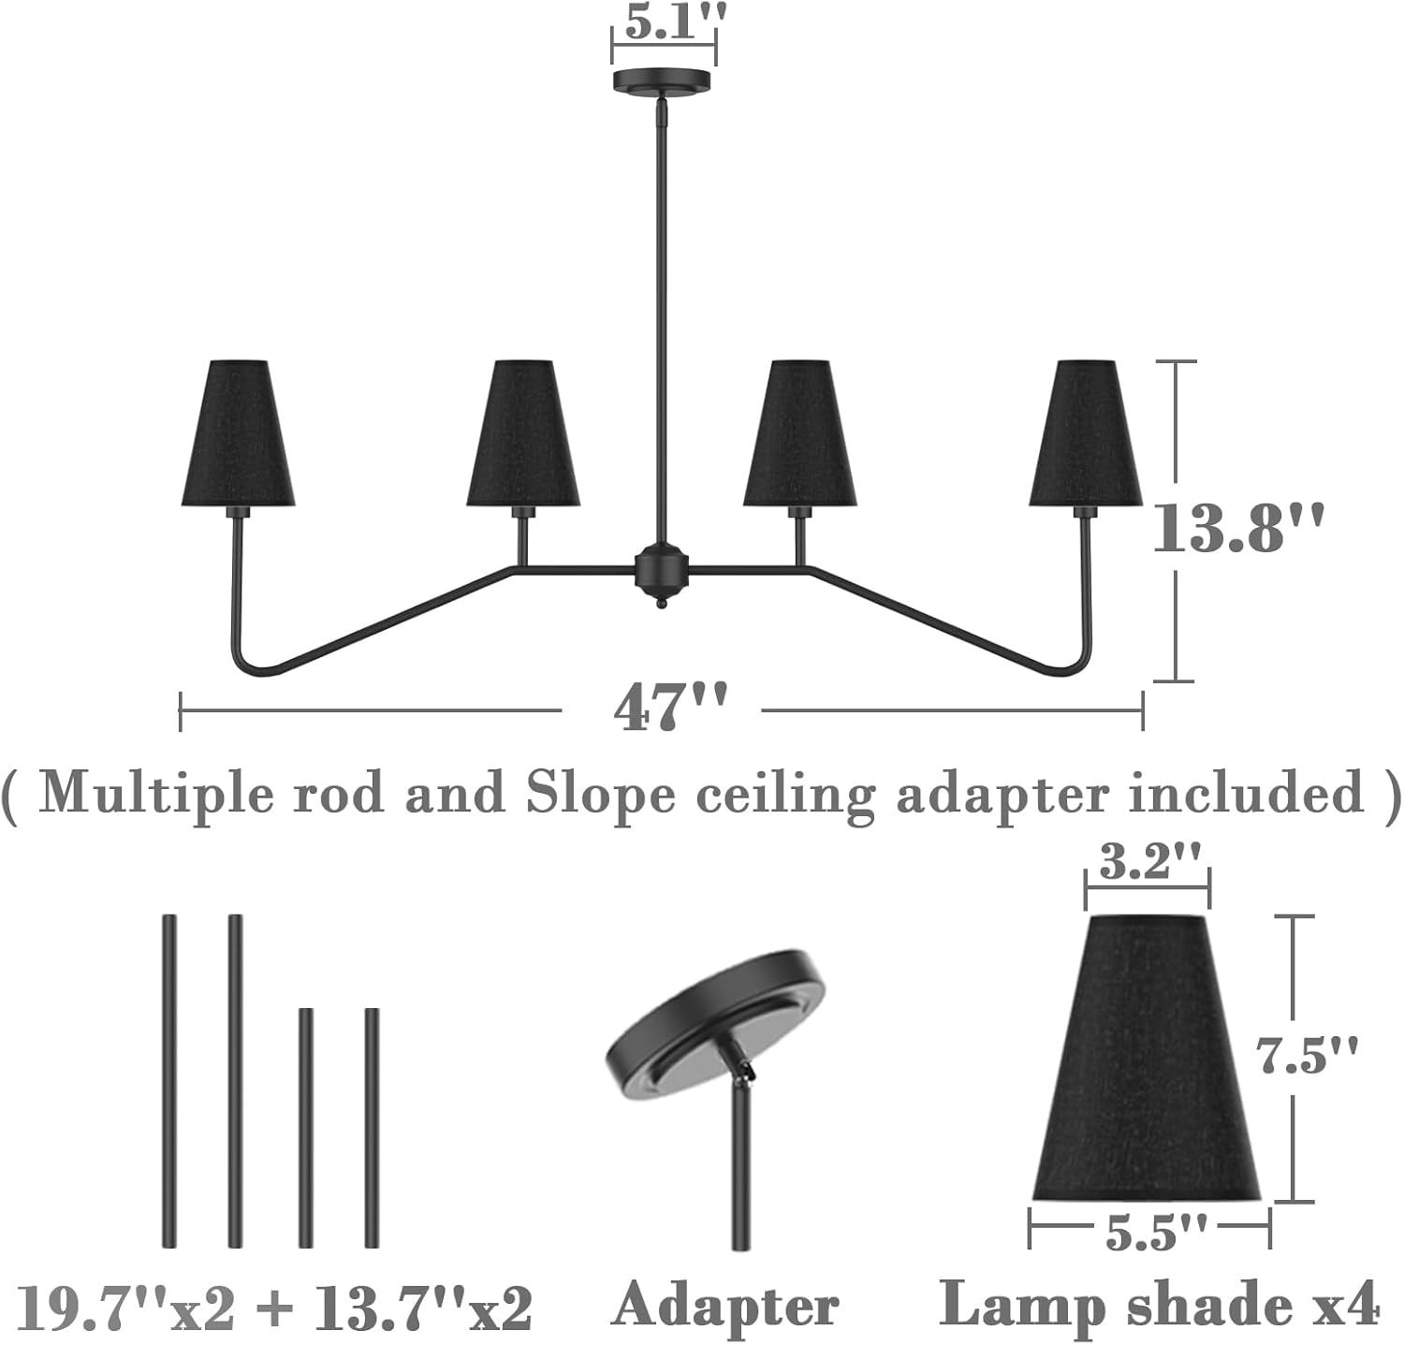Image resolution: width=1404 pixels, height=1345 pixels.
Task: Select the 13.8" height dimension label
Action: pyautogui.click(x=1237, y=529)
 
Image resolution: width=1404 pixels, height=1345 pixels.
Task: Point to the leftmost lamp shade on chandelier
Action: pyautogui.click(x=239, y=432)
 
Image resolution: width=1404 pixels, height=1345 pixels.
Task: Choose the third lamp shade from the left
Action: pyautogui.click(x=799, y=432)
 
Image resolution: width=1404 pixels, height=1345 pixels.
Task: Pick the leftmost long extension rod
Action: pyautogui.click(x=169, y=1081)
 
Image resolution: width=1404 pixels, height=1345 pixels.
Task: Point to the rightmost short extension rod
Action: pyautogui.click(x=372, y=1127)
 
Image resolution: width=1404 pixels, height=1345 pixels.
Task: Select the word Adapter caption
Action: pyautogui.click(x=725, y=1306)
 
